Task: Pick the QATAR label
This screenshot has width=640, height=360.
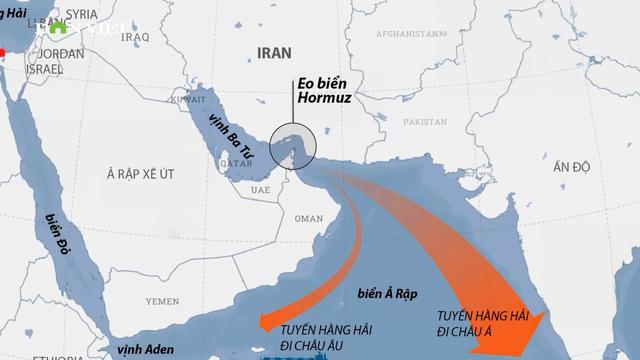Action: pos(233,163)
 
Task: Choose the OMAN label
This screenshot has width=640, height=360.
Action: pos(309,218)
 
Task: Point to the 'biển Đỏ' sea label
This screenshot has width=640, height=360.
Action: pos(49,232)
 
